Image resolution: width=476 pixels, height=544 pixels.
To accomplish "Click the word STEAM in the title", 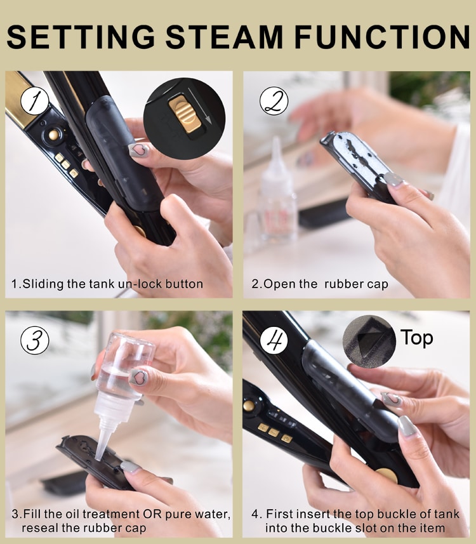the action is [225, 37].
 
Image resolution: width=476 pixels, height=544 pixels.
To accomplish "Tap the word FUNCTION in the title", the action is [382, 37].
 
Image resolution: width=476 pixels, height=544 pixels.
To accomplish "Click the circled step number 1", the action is [35, 101].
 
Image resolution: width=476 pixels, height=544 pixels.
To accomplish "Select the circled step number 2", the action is [274, 101].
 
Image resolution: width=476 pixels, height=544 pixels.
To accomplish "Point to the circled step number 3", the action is [35, 340].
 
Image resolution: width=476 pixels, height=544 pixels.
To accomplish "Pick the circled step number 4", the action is [274, 340].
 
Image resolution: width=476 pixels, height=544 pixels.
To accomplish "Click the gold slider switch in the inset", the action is [185, 114].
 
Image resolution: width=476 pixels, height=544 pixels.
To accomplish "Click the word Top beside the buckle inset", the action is [417, 338].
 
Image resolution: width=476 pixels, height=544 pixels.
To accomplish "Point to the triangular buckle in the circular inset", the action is [369, 340].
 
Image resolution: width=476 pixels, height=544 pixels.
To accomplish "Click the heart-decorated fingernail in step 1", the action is [138, 150].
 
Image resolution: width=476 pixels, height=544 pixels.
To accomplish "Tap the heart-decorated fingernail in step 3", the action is [138, 378].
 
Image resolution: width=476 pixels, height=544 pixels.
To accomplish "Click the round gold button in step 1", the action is [53, 135].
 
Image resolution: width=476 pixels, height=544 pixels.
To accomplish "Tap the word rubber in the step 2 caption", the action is [340, 284].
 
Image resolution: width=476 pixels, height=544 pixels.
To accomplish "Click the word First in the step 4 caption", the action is [281, 514].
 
